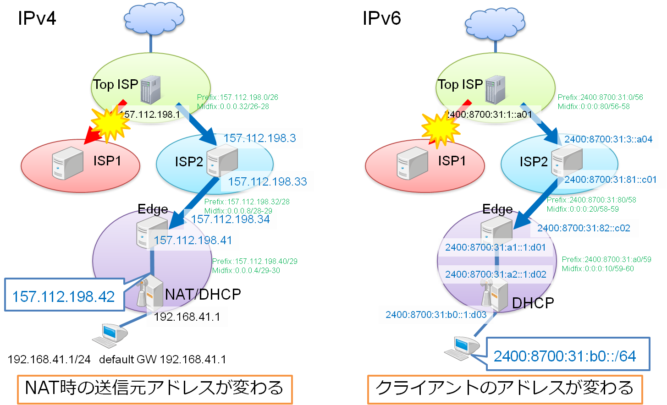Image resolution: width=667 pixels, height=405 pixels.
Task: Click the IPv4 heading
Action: (37, 18)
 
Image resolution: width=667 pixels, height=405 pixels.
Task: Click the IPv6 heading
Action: (381, 18)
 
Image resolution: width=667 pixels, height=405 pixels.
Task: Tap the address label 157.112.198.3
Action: (259, 138)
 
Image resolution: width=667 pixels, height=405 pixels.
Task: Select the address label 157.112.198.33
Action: (267, 181)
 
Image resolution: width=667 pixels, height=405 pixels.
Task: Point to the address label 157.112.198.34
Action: (230, 219)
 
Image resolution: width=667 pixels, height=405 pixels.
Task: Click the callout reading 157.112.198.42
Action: (64, 296)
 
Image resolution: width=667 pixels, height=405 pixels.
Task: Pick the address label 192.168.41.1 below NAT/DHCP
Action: (187, 317)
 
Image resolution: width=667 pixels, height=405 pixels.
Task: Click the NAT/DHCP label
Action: (203, 294)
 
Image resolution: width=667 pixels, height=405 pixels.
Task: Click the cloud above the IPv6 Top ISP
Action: (495, 23)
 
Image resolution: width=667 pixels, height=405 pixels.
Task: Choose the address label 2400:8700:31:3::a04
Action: (608, 139)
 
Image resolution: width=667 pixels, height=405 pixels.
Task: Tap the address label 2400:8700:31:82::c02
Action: (584, 228)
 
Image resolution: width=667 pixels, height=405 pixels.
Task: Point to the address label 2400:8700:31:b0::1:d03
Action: (435, 315)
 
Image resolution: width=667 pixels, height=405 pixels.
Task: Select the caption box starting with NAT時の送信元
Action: (154, 389)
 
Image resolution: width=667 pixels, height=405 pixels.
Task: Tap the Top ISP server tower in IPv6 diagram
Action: (495, 89)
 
